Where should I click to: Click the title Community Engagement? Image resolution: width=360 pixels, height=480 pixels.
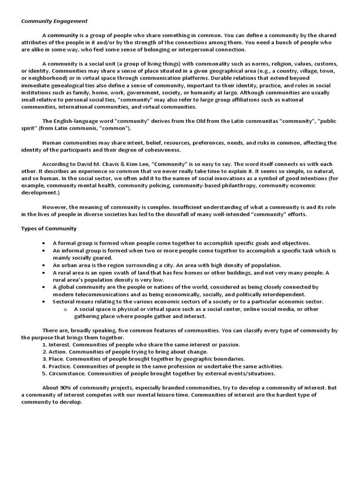(54, 21)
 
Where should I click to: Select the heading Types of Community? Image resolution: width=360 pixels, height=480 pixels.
(49, 228)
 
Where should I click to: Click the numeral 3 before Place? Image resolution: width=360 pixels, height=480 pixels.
(45, 359)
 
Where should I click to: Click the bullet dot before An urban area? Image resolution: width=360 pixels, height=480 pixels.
(44, 265)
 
